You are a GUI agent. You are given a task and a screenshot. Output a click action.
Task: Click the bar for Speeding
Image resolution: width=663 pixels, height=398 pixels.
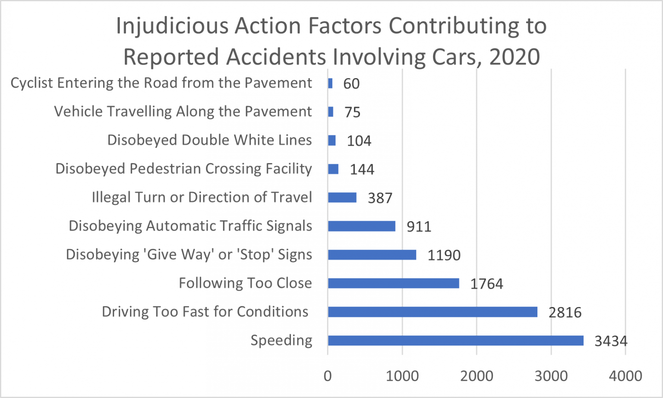[x=455, y=341]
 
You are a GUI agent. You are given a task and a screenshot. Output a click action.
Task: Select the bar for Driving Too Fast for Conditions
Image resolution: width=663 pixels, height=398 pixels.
[x=433, y=312]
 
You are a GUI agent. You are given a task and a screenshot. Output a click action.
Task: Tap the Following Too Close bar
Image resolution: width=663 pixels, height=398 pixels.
[x=393, y=283]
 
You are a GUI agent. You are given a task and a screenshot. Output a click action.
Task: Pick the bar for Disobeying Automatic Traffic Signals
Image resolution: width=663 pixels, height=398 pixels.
[x=362, y=226]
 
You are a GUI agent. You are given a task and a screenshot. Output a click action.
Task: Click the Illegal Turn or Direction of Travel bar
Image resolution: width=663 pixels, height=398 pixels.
[x=342, y=197]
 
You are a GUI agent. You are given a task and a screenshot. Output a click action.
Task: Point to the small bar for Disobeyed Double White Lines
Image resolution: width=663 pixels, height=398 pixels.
[x=332, y=140]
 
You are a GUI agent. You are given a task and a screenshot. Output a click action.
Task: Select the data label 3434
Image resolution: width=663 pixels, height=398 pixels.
[x=611, y=341]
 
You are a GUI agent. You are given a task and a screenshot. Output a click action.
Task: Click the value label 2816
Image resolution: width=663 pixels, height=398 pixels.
[x=565, y=312]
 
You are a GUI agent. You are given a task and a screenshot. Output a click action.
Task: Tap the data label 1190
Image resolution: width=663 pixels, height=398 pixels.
[x=444, y=255]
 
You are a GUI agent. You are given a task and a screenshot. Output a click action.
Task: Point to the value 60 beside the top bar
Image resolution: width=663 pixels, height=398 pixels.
[x=351, y=84]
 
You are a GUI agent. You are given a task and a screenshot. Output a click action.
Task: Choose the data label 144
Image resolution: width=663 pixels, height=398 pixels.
[x=362, y=169]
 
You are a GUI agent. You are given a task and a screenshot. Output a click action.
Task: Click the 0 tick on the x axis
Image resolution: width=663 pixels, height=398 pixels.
[x=328, y=376]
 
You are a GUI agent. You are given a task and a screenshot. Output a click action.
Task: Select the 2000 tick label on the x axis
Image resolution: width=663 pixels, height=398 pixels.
[x=477, y=376]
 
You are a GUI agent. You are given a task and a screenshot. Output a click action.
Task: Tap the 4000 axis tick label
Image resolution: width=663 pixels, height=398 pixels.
[x=625, y=376]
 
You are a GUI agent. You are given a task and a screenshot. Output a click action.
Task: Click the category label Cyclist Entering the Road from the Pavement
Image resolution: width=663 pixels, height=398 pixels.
[x=161, y=83]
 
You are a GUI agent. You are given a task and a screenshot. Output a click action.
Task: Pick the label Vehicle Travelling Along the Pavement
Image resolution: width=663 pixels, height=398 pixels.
[x=183, y=112]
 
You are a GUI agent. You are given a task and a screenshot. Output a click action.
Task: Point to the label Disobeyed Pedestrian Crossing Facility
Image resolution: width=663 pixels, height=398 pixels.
[x=183, y=169]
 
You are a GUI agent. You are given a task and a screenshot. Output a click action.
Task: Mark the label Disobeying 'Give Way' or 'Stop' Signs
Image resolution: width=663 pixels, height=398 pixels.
[x=189, y=254]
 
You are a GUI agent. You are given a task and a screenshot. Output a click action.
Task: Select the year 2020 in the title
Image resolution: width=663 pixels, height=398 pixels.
[x=515, y=57]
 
